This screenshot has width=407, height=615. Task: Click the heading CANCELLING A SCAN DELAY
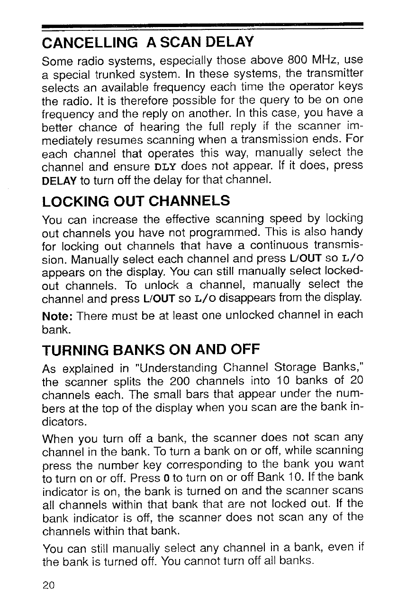[148, 44]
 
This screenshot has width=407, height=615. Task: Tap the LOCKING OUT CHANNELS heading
[136, 201]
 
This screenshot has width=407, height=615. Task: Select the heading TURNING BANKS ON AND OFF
[151, 350]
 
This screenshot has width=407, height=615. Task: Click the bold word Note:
[58, 315]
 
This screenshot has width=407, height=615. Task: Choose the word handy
[348, 232]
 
